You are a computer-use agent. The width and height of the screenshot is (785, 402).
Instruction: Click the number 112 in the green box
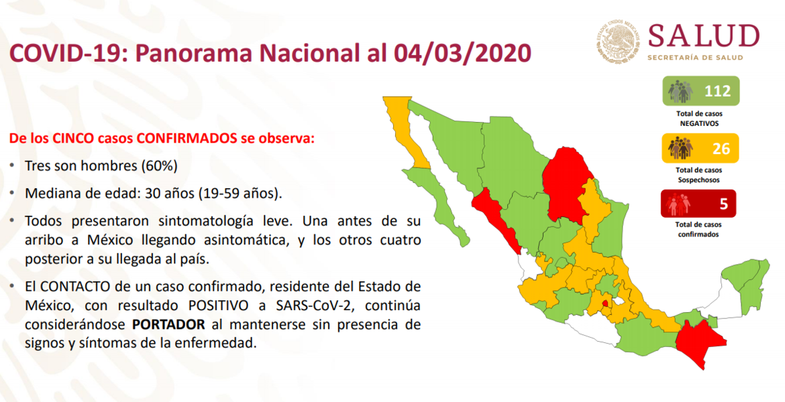pyautogui.click(x=717, y=91)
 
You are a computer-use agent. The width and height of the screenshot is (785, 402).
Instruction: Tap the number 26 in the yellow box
pyautogui.click(x=721, y=149)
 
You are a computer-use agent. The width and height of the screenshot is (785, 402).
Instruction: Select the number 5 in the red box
pyautogui.click(x=723, y=204)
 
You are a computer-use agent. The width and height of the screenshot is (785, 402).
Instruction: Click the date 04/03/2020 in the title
pyautogui.click(x=462, y=53)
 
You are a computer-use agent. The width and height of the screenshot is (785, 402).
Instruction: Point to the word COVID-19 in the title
pyautogui.click(x=64, y=53)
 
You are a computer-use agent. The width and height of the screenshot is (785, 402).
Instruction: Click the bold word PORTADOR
pyautogui.click(x=168, y=324)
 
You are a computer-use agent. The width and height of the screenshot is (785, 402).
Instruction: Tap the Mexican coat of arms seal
pyautogui.click(x=619, y=42)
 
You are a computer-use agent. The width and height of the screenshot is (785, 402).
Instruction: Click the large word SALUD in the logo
pyautogui.click(x=703, y=36)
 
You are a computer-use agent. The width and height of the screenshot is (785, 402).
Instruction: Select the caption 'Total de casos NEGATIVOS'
pyautogui.click(x=699, y=119)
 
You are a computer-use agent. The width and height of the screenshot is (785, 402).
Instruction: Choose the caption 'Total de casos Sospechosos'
pyautogui.click(x=699, y=175)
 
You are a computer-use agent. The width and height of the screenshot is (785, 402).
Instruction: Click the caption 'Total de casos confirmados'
pyautogui.click(x=698, y=230)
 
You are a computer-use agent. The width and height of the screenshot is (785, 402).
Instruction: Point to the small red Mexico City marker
pyautogui.click(x=606, y=303)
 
